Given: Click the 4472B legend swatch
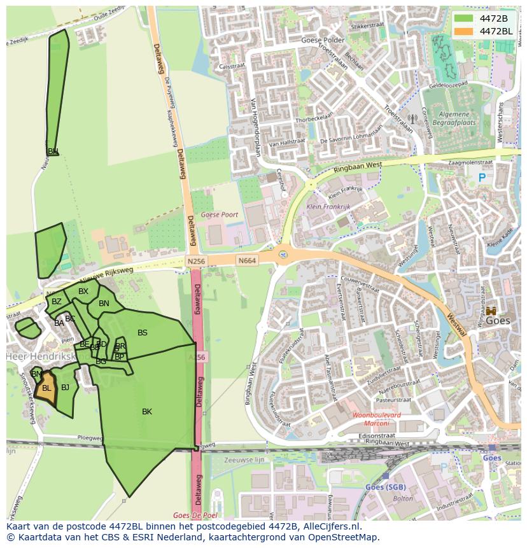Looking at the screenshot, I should [464, 18].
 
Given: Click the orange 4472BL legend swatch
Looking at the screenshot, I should [464, 31].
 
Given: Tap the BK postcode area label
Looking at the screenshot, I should [147, 412].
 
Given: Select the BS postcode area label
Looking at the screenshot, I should [143, 333].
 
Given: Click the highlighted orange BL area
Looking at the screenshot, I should [46, 388].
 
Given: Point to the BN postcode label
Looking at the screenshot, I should [104, 304].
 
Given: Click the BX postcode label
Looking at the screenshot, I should [83, 292].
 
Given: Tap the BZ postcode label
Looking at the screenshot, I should [57, 302].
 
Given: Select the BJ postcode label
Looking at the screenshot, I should [65, 387].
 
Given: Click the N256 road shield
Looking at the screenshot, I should [195, 261].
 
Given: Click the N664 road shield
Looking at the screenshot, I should [247, 261].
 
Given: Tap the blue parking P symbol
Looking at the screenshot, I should [482, 179].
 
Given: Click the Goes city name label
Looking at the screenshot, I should [498, 321].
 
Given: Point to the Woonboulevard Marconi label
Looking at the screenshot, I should [377, 419].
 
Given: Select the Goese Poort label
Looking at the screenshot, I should [220, 215].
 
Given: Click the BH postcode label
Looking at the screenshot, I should [53, 151].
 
